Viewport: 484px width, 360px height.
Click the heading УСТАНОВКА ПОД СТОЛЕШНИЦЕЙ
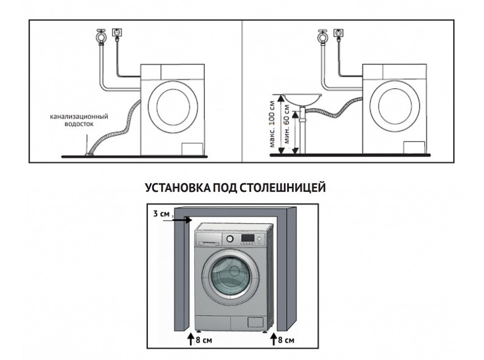235,188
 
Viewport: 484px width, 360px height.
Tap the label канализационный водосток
78,120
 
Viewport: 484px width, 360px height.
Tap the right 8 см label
285,340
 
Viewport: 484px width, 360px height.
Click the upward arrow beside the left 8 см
191,339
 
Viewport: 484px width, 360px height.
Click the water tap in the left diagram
101,36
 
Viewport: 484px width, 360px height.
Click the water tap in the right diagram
322,36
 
